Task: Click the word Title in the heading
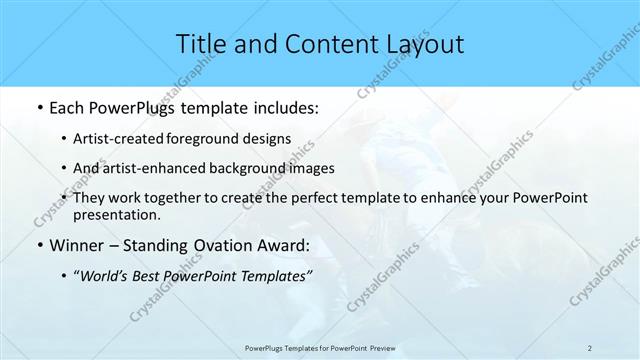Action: tap(200, 44)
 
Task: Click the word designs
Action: tap(270, 139)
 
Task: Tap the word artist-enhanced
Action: tap(168, 168)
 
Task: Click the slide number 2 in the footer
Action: tap(590, 348)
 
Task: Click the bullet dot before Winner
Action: tap(38, 245)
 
